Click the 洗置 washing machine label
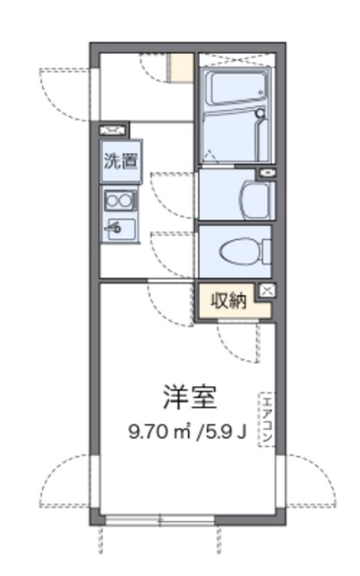pyautogui.click(x=120, y=163)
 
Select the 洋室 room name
pyautogui.click(x=190, y=396)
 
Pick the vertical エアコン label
pyautogui.click(x=266, y=418)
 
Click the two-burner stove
pyautogui.click(x=120, y=200)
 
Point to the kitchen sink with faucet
pyautogui.click(x=120, y=228)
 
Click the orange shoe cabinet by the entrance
pyautogui.click(x=183, y=68)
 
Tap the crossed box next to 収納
pyautogui.click(x=266, y=290)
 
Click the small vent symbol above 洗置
pyautogui.click(x=113, y=130)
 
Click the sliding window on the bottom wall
pyautogui.click(x=160, y=519)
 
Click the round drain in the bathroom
pyautogui.click(x=259, y=114)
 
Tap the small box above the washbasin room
pyautogui.click(x=265, y=172)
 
